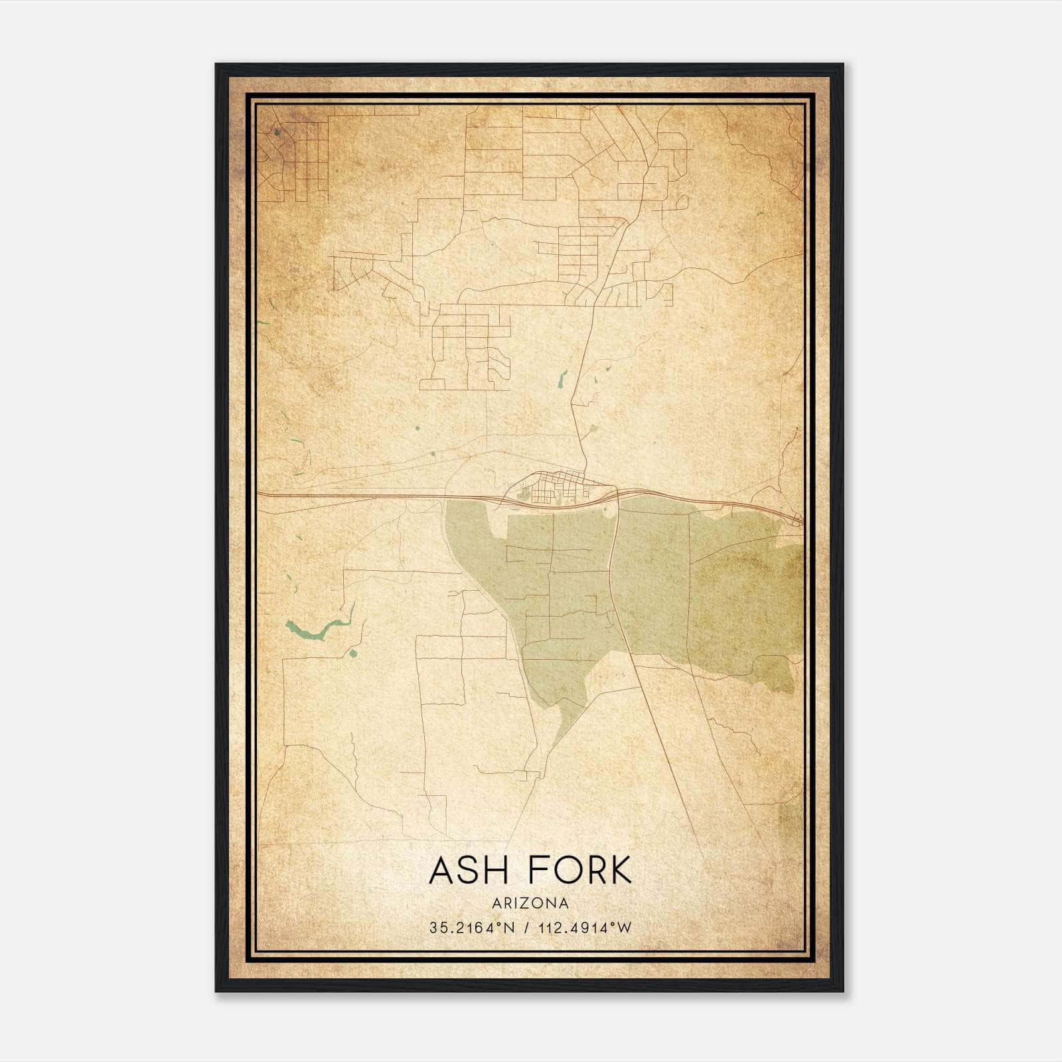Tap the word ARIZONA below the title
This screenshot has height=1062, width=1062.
point(530,903)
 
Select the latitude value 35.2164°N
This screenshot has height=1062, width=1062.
point(472,928)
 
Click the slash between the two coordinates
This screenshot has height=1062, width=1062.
point(526,928)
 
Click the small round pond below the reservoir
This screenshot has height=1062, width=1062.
point(352,654)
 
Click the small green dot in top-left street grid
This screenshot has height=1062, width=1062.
point(276,132)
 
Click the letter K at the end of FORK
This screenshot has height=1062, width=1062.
point(621,870)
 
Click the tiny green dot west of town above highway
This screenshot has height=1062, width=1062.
point(433,454)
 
